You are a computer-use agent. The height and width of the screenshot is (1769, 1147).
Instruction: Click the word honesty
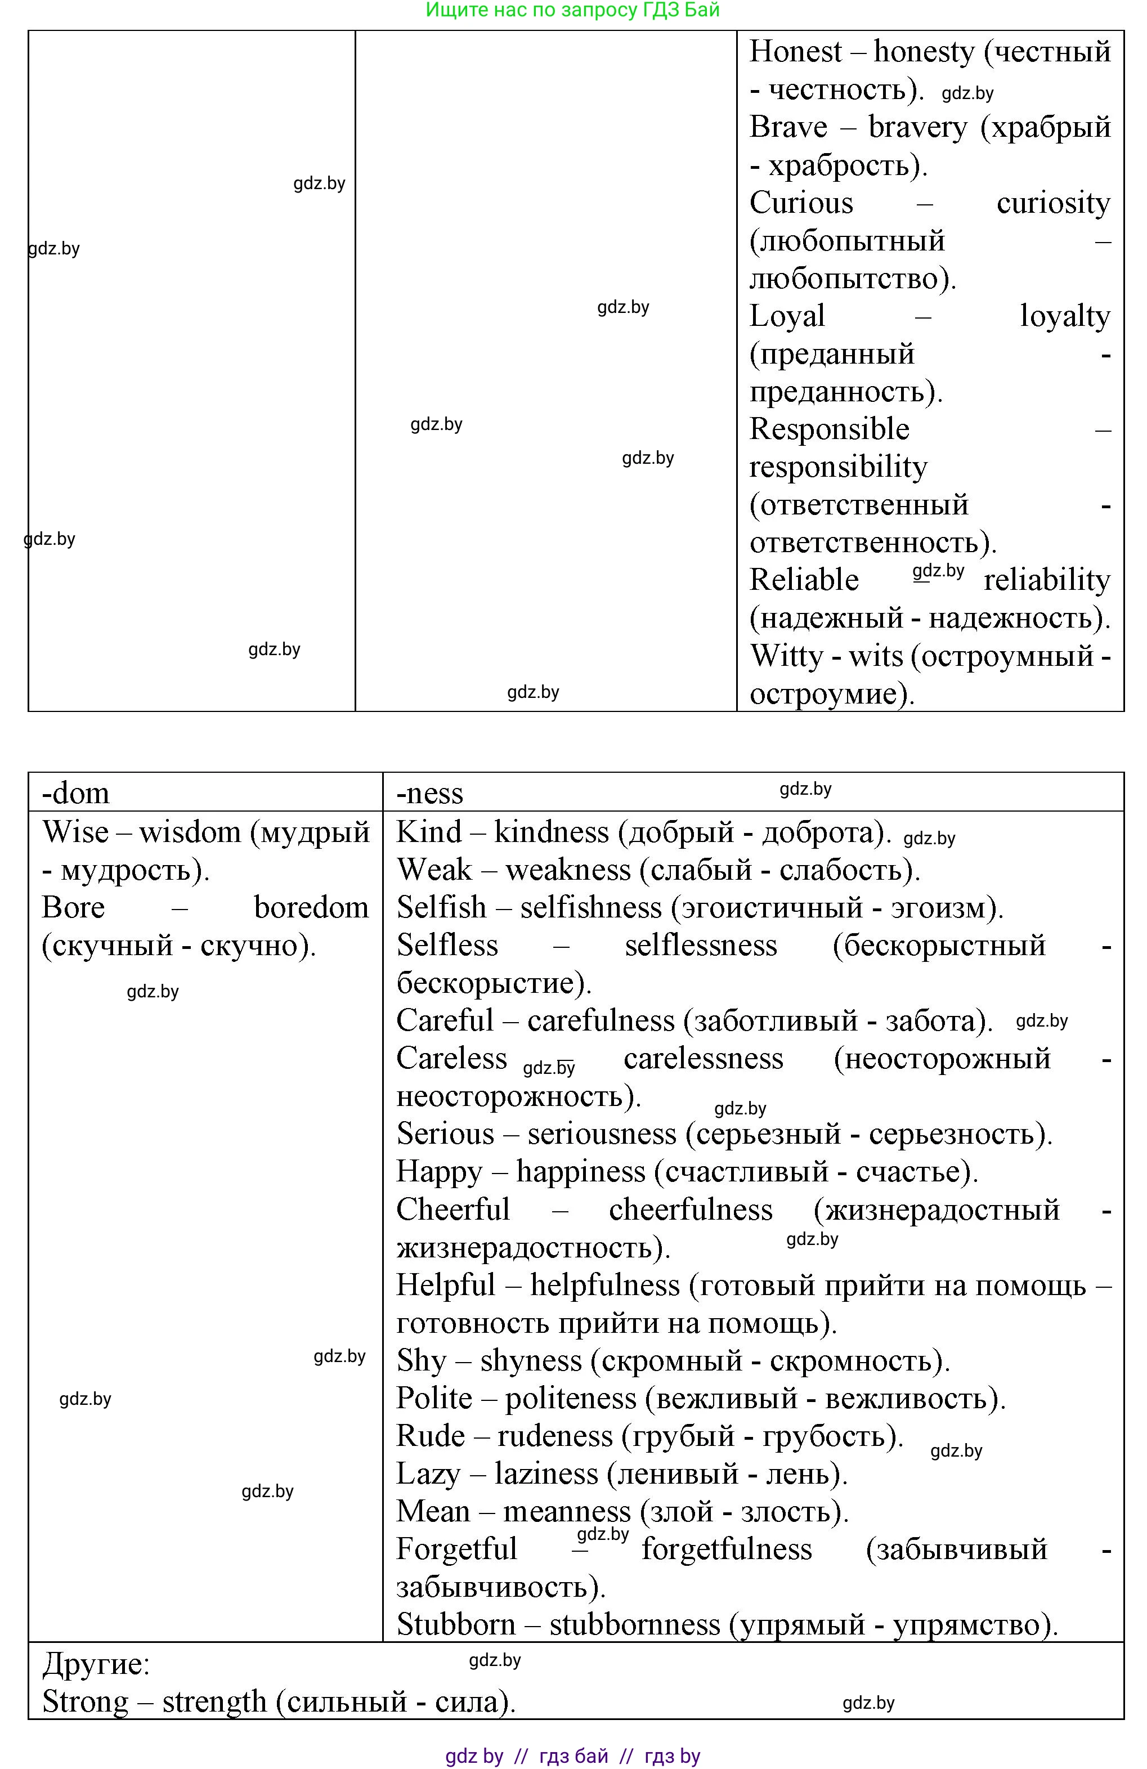click(x=923, y=52)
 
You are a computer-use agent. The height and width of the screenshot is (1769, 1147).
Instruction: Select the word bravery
click(x=917, y=127)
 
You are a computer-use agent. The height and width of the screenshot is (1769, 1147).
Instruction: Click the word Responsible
click(x=829, y=429)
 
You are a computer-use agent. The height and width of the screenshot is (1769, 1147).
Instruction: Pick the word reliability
click(x=1047, y=580)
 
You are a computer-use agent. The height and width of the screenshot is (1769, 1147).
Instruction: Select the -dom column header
click(x=76, y=793)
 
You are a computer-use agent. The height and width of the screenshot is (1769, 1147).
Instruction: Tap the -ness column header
click(x=429, y=793)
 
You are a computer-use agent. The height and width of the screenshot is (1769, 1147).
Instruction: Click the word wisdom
click(x=190, y=832)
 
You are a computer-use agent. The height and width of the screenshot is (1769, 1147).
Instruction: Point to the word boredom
click(x=311, y=907)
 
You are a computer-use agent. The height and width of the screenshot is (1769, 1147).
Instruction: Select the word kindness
click(x=551, y=832)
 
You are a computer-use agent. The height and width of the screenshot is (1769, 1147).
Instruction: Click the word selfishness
click(x=590, y=907)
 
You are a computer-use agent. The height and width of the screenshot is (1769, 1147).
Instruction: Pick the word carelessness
click(x=702, y=1059)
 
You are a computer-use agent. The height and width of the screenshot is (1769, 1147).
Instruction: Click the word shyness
click(x=531, y=1361)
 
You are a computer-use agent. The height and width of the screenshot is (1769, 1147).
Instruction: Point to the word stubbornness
click(x=635, y=1625)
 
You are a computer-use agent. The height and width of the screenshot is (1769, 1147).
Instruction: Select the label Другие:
click(x=96, y=1663)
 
